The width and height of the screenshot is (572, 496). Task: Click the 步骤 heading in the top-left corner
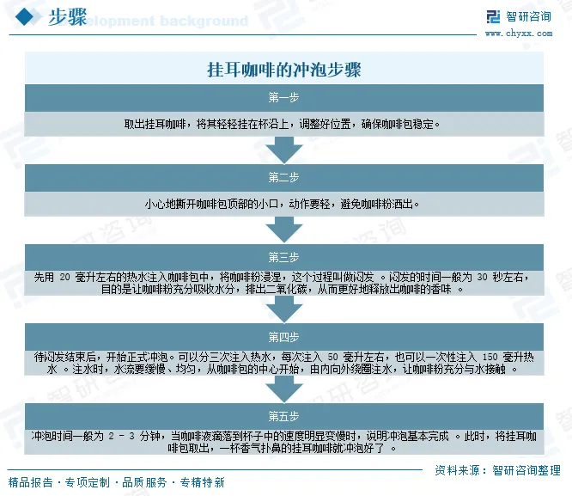click(x=67, y=18)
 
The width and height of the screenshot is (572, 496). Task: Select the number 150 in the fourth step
click(x=490, y=356)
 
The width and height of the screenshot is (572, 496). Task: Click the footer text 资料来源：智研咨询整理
click(x=497, y=470)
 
